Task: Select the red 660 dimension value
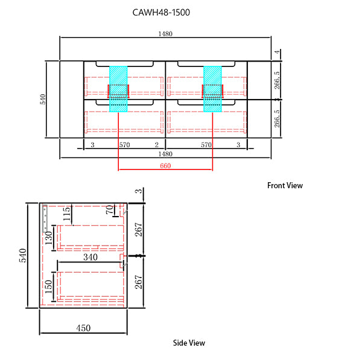[165, 166]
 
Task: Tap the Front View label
[285, 185]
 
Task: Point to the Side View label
[189, 343]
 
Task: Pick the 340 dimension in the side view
[91, 257]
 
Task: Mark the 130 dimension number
[48, 238]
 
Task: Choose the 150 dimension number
[48, 287]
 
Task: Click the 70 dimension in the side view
[109, 211]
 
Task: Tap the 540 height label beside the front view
[43, 100]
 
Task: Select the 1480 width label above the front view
[165, 34]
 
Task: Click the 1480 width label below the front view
[165, 154]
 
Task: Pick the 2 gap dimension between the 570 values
[156, 145]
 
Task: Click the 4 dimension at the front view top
[276, 53]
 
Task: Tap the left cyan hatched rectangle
[119, 88]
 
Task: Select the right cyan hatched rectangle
[213, 88]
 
